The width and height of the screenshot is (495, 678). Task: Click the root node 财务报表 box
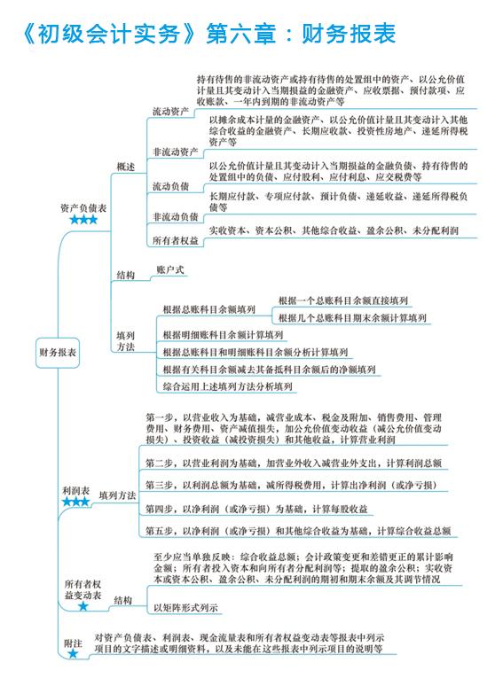click(58, 353)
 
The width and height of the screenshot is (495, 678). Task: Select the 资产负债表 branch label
click(83, 208)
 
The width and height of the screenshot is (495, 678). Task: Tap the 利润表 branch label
click(75, 491)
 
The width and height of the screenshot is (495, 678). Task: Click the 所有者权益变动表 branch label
click(82, 589)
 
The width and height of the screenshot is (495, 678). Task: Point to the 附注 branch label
click(73, 643)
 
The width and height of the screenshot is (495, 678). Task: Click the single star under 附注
click(73, 653)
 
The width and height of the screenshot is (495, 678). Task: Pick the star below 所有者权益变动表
click(83, 606)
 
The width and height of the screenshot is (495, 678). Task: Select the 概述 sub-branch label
click(126, 167)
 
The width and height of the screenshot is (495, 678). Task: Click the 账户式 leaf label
click(170, 269)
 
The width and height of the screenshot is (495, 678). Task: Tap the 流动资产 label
click(170, 111)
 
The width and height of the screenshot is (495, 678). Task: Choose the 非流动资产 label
click(176, 152)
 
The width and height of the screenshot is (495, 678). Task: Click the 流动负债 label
click(170, 186)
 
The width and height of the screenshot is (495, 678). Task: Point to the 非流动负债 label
click(176, 216)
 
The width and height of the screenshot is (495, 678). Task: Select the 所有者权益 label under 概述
click(176, 240)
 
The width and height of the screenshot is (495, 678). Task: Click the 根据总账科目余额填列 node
click(209, 309)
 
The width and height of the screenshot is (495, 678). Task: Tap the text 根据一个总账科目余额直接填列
click(343, 300)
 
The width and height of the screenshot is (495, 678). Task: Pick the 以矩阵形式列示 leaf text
click(185, 607)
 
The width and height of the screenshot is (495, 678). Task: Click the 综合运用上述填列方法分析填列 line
click(228, 386)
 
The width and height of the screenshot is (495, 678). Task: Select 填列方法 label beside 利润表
click(117, 495)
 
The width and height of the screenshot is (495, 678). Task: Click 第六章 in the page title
click(240, 34)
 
